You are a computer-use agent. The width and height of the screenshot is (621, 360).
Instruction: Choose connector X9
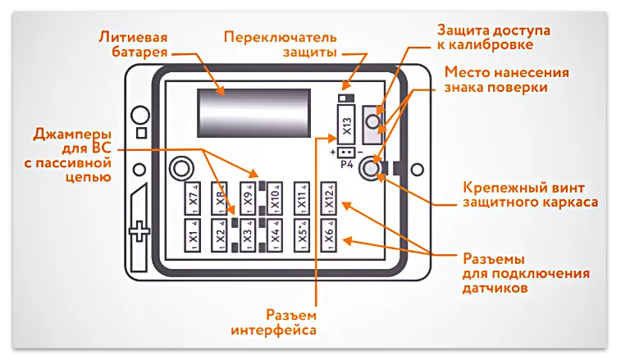pos(248,198)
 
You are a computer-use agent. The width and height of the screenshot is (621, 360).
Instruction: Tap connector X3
pos(248,235)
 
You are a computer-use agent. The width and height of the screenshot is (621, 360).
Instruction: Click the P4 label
pos(346,162)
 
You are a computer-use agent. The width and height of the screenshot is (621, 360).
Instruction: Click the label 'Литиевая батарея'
pos(133,44)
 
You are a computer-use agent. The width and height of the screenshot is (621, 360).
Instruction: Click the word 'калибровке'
pos(496,46)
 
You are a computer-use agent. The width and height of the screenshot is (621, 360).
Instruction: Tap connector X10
pos(275,198)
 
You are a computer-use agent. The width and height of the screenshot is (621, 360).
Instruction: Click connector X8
pos(221,198)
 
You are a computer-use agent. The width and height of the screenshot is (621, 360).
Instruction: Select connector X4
pos(275,235)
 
